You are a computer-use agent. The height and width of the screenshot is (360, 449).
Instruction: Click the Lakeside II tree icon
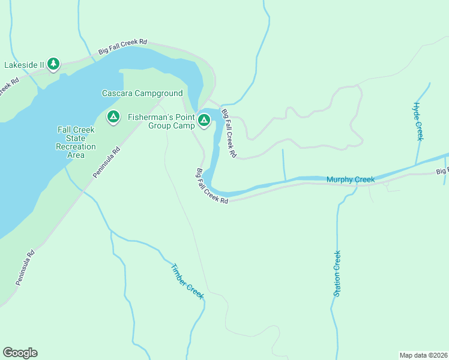click(53, 63)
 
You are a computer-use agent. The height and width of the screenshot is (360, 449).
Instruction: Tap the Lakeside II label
click(23, 64)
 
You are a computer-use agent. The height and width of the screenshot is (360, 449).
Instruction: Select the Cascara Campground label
click(142, 94)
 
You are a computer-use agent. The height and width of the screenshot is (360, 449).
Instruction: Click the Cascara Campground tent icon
click(112, 116)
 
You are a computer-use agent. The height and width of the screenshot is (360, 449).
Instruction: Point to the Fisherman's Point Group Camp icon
click(204, 120)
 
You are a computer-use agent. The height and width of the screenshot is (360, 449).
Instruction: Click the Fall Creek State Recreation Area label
click(76, 142)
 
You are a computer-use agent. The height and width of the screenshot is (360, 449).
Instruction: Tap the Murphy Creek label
click(351, 179)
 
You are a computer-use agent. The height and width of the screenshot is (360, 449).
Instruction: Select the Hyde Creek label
click(418, 121)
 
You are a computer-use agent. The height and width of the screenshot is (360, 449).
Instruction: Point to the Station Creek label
click(337, 273)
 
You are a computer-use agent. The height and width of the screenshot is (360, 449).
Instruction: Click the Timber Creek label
click(187, 281)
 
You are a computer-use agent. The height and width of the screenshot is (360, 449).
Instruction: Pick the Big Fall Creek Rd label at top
click(122, 46)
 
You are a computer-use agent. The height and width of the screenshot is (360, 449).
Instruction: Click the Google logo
click(20, 353)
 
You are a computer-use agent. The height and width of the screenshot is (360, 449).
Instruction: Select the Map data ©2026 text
click(423, 355)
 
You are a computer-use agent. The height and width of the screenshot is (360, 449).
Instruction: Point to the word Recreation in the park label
click(76, 146)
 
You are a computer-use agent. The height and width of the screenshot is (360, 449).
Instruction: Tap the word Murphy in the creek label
click(339, 179)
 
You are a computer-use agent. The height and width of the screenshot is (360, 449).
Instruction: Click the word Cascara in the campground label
click(116, 94)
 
